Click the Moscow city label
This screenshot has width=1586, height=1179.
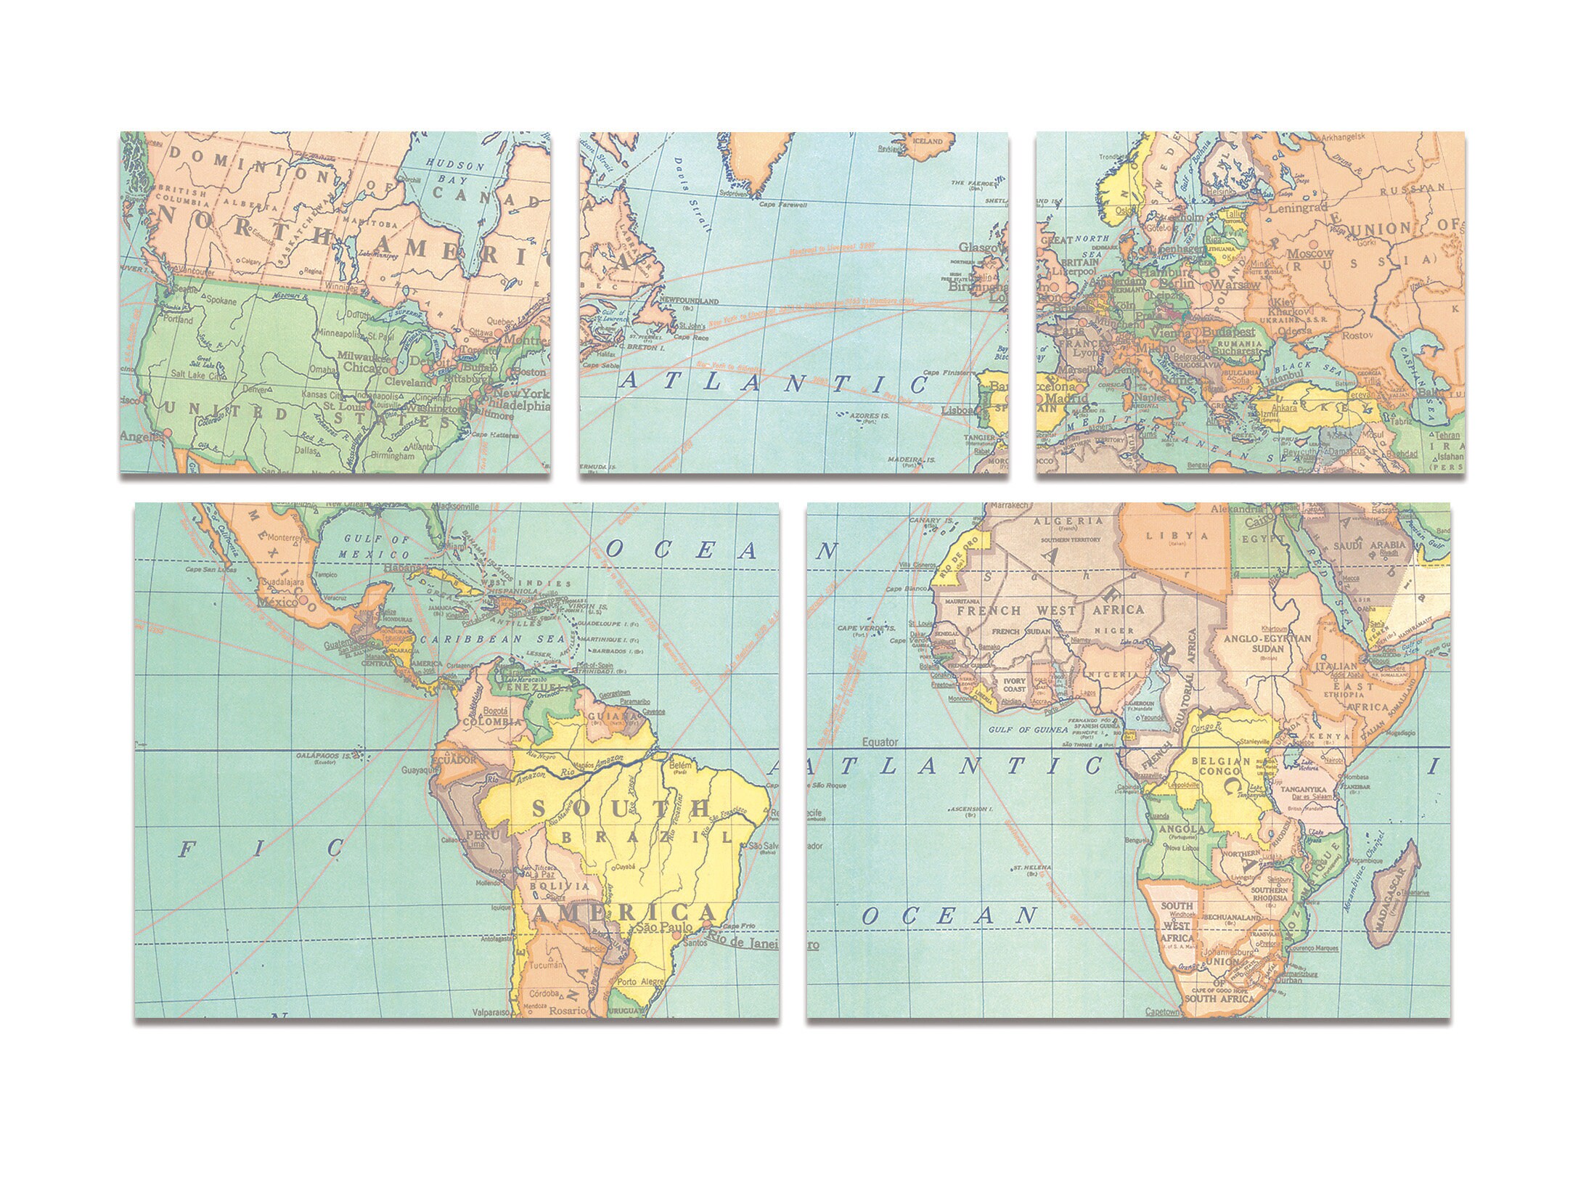[1310, 253]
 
